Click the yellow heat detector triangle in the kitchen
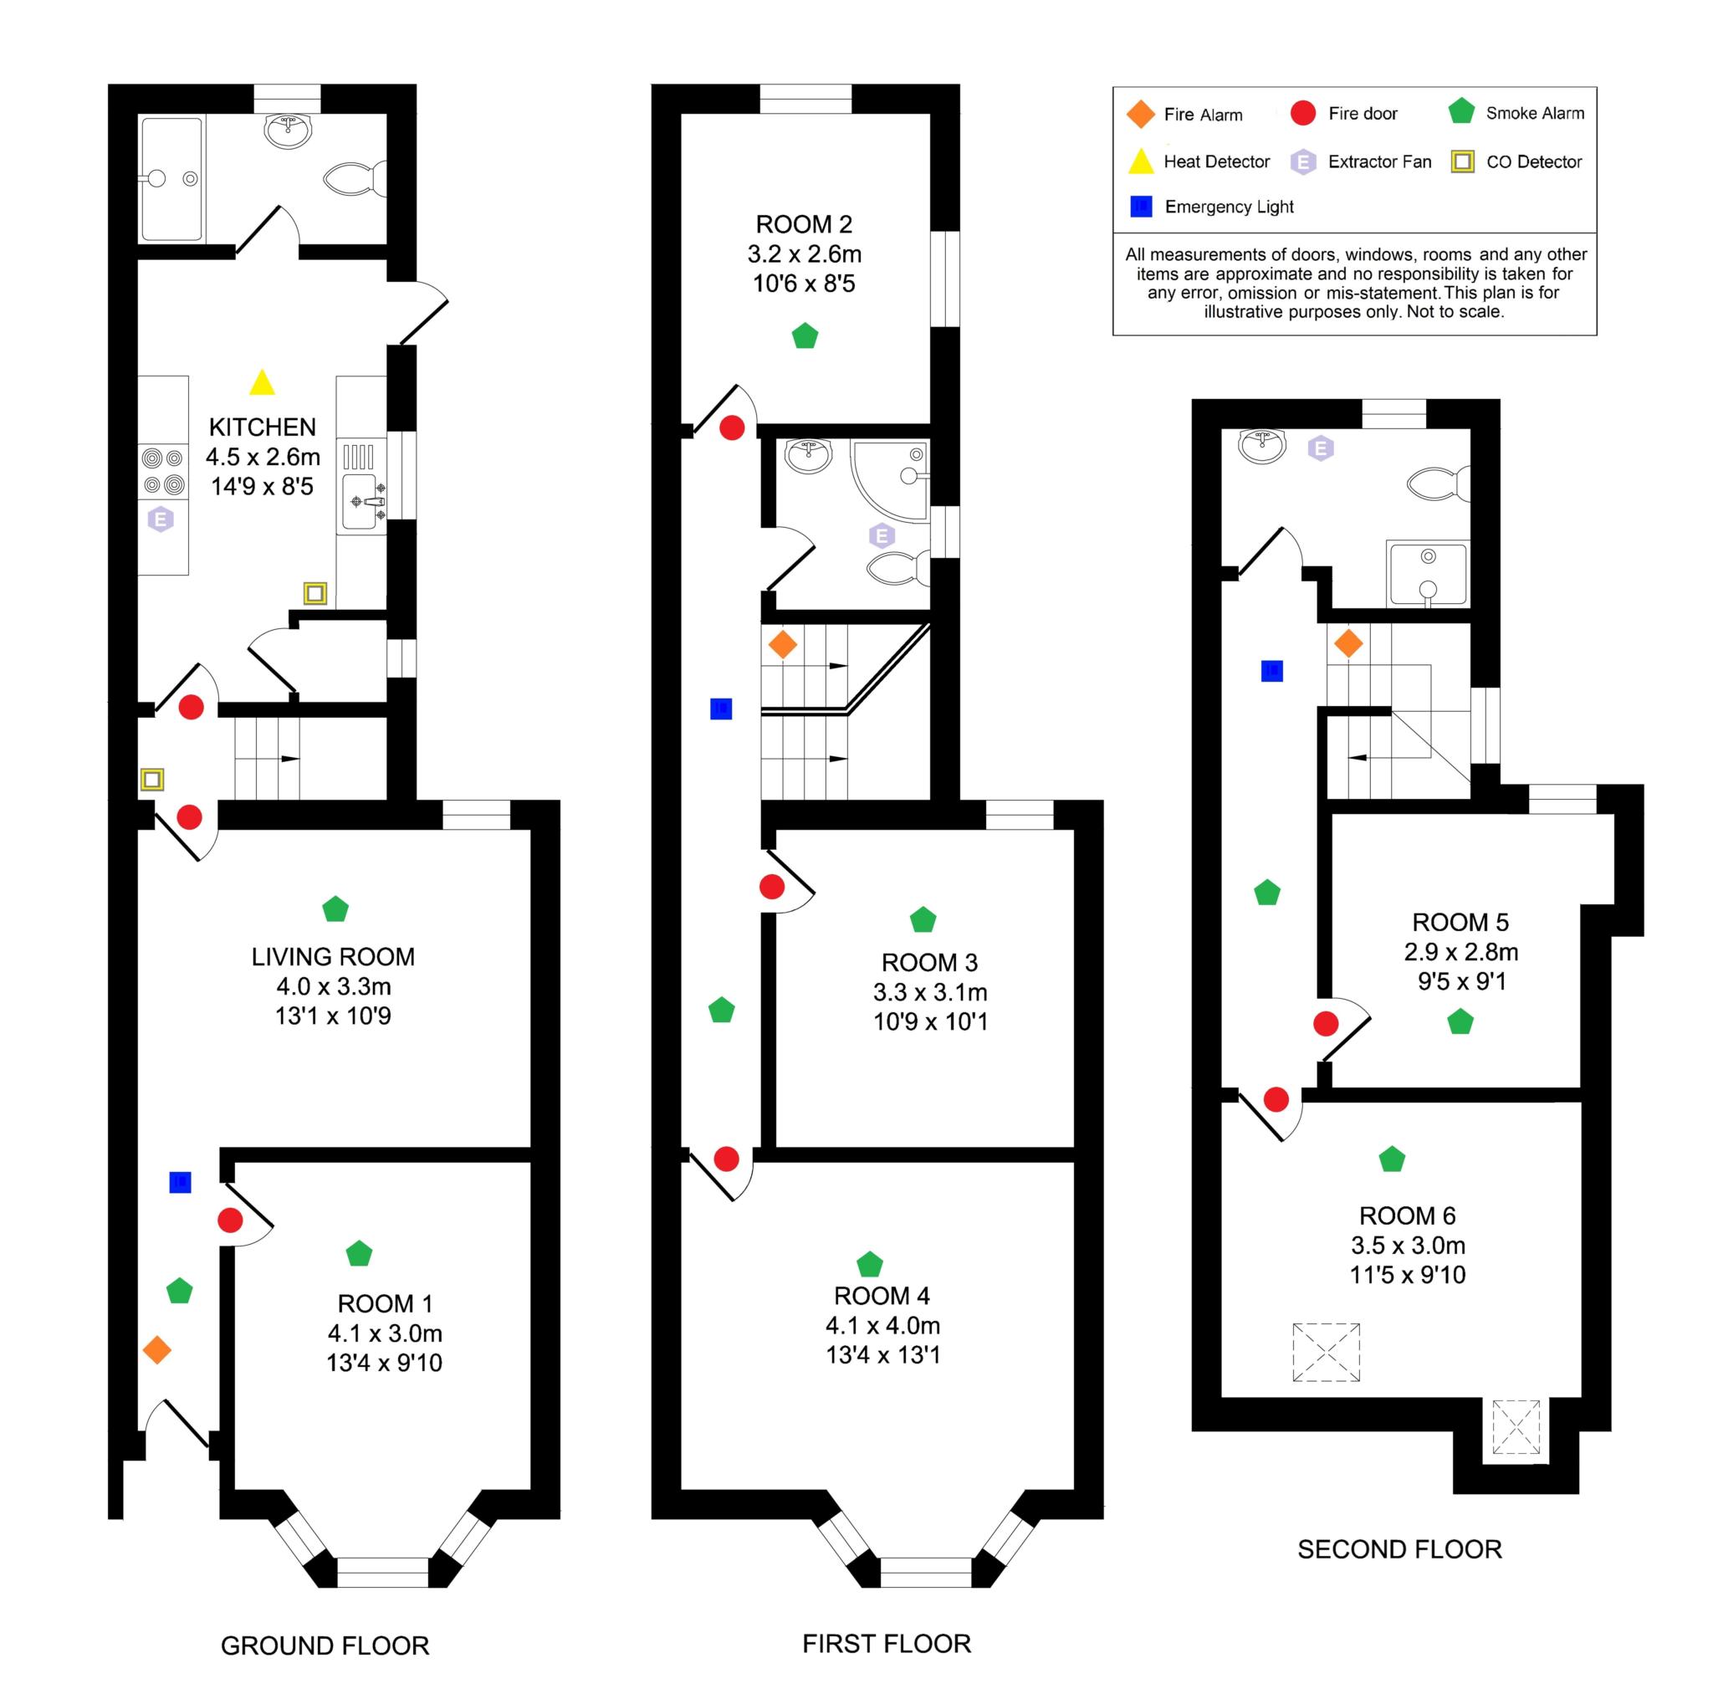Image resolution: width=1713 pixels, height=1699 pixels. pos(262,384)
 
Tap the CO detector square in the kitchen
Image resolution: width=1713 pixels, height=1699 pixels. pos(314,593)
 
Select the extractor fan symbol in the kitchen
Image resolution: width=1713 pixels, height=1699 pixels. pos(161,519)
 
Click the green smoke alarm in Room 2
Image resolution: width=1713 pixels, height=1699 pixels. pos(804,337)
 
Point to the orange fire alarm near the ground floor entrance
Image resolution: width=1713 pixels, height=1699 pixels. pos(157,1350)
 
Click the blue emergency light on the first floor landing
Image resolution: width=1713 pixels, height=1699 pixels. pos(721,709)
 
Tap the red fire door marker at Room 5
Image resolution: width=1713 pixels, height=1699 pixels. pos(1326,1024)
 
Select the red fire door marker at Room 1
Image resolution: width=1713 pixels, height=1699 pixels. pos(231,1221)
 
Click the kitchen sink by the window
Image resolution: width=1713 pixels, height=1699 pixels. pos(361,502)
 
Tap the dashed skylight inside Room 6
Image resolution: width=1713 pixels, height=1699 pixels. pos(1326,1353)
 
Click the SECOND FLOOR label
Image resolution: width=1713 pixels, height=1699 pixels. pos(1399,1549)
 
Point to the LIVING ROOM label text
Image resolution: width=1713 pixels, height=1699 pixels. pos(333,957)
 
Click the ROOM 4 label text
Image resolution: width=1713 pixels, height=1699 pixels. pos(882,1296)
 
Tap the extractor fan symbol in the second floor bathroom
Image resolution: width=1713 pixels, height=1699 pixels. pos(1321,448)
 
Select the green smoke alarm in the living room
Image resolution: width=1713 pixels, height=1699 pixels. pos(335,909)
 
